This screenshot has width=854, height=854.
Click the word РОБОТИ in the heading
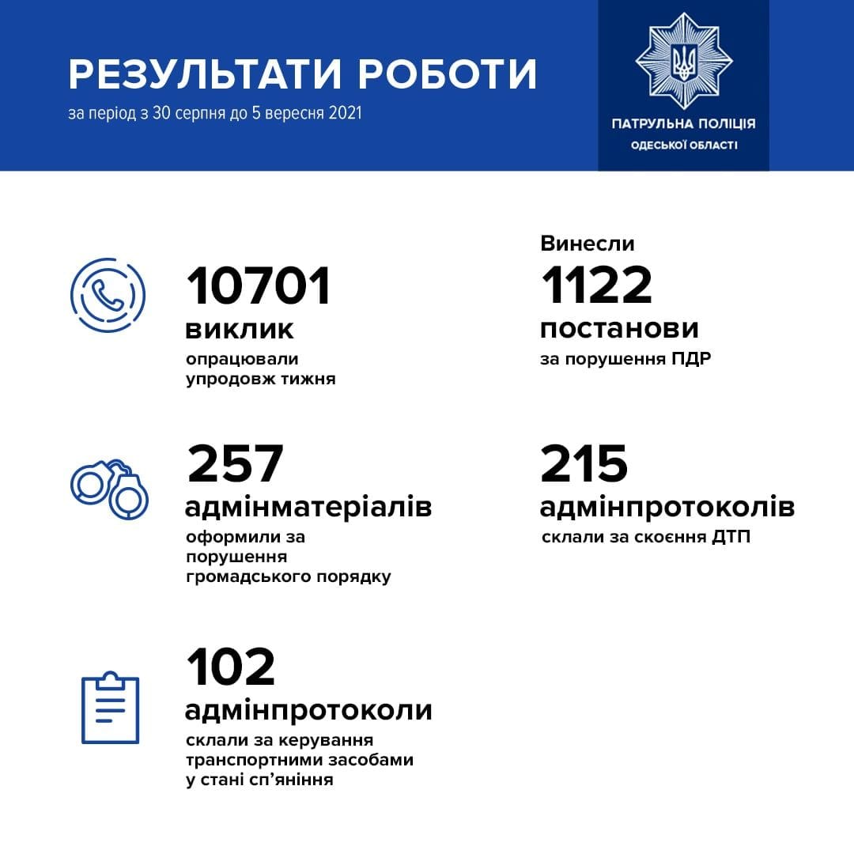click(x=448, y=74)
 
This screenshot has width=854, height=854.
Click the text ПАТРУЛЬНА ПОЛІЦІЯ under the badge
click(x=683, y=124)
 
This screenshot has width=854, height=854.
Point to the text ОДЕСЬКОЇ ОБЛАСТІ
click(x=683, y=145)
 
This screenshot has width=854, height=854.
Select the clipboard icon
click(x=111, y=708)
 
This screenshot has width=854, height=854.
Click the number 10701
click(x=259, y=286)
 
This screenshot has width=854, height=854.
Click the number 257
click(x=235, y=464)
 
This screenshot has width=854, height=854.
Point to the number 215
click(x=584, y=464)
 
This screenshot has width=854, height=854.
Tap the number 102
click(x=231, y=667)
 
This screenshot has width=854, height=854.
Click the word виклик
click(x=240, y=329)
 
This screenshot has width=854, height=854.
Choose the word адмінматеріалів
click(x=308, y=506)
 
